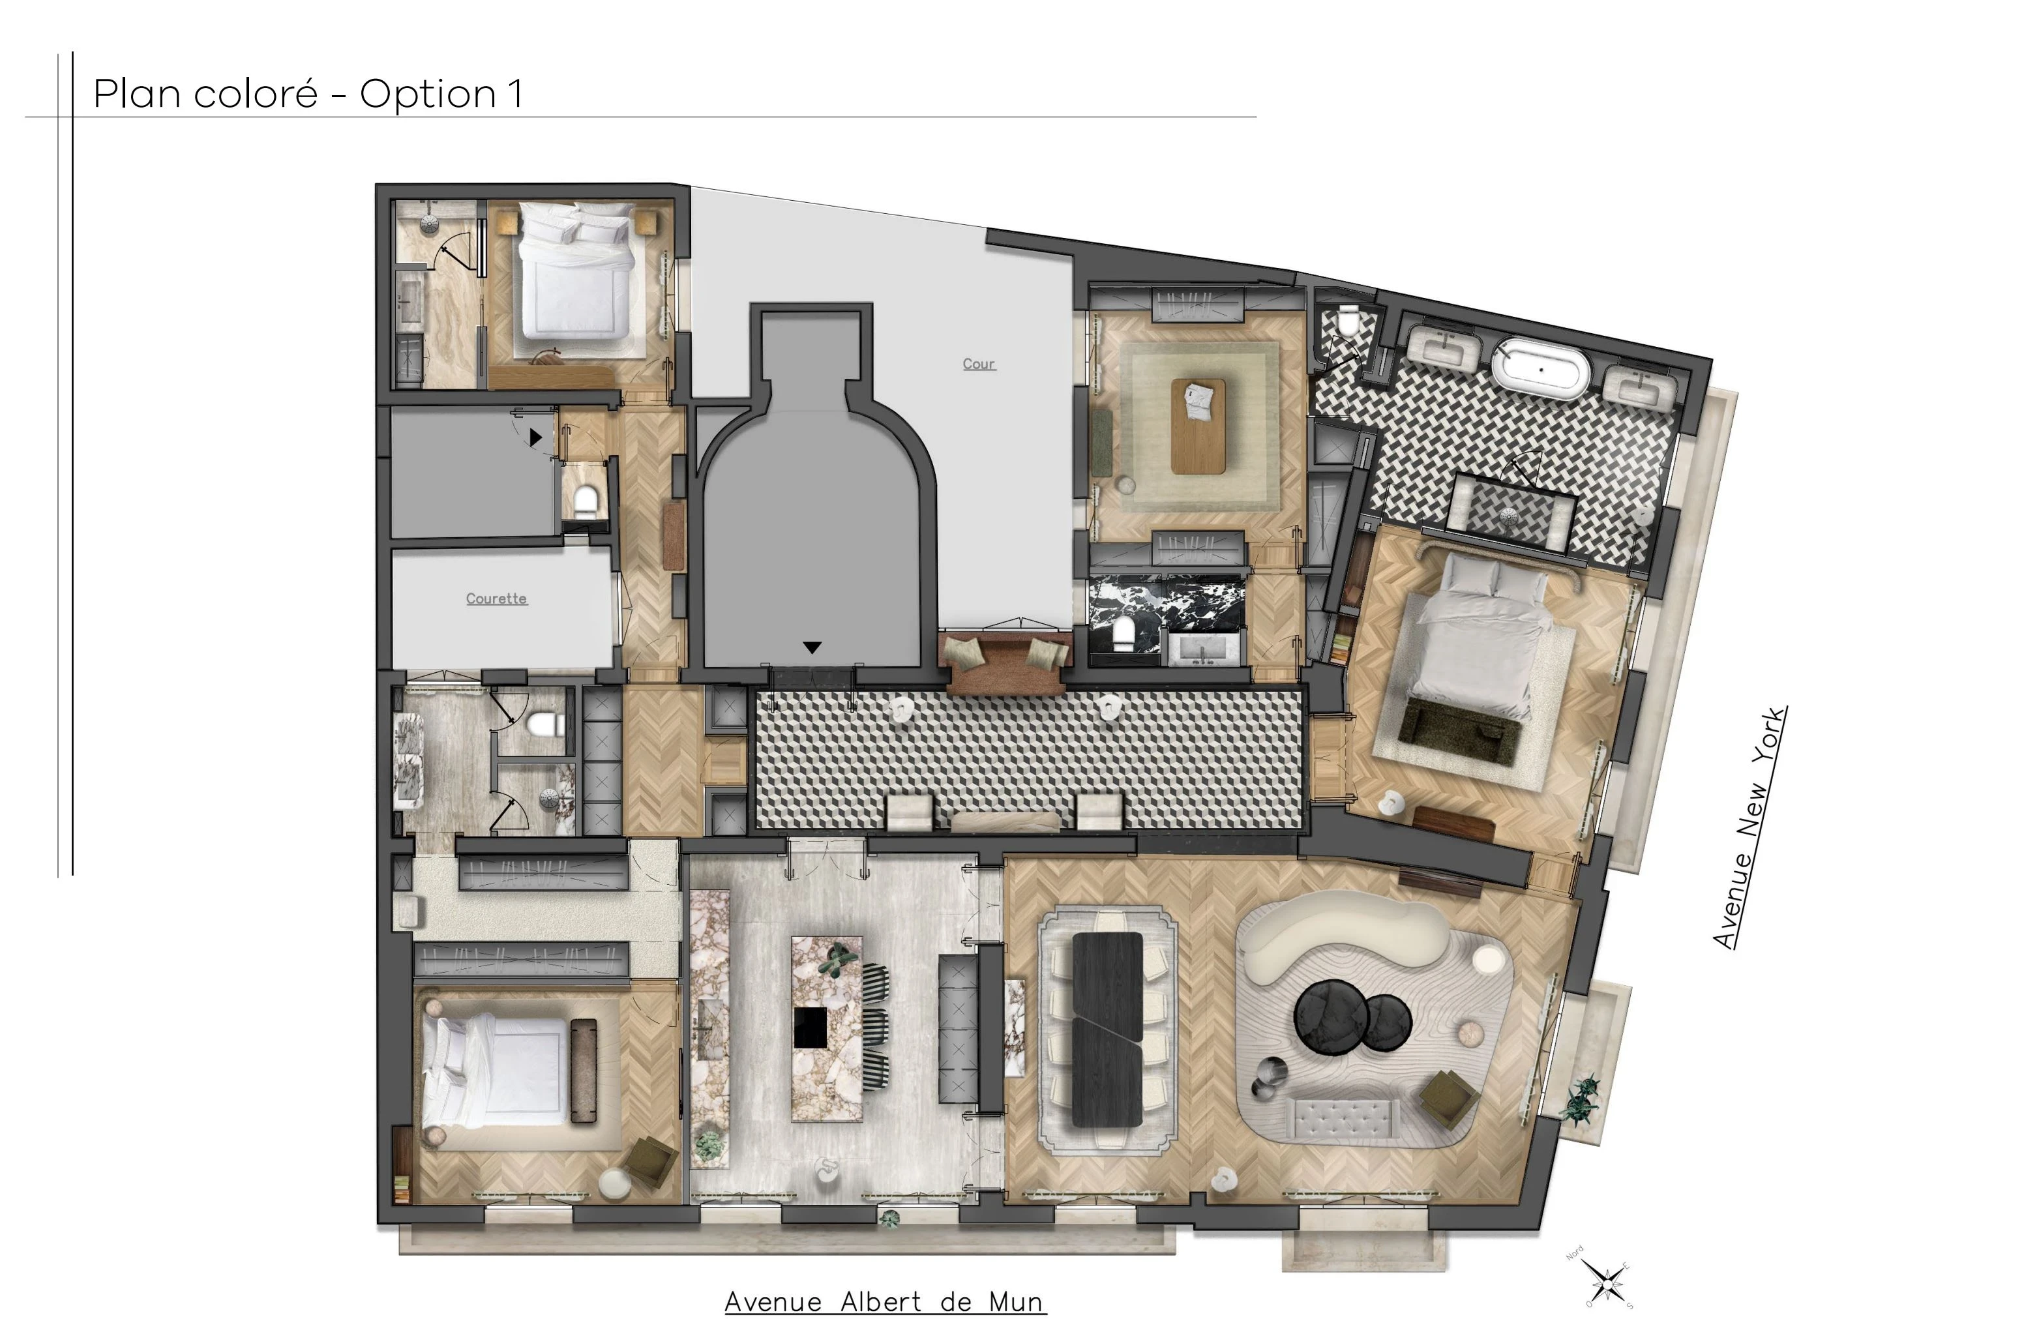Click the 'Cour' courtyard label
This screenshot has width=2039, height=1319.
[978, 364]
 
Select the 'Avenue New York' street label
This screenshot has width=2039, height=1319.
[1749, 827]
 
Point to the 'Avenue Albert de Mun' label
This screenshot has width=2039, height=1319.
[885, 1301]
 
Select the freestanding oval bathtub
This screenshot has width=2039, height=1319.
[1541, 369]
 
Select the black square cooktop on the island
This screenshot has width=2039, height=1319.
[809, 1027]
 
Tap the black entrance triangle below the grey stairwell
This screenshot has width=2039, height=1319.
[812, 647]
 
